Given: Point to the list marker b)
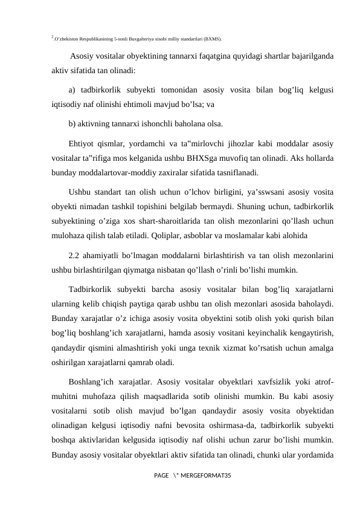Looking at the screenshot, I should (72, 125).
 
